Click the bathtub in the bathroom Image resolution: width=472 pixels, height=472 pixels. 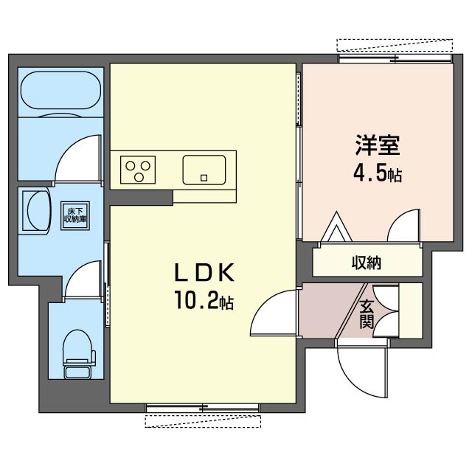pyautogui.click(x=60, y=90)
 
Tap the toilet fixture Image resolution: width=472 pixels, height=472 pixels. pyautogui.click(x=79, y=354)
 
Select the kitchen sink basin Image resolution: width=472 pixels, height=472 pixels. pyautogui.click(x=204, y=170)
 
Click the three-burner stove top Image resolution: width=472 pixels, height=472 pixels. pyautogui.click(x=138, y=170)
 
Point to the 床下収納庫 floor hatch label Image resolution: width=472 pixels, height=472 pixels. pyautogui.click(x=75, y=216)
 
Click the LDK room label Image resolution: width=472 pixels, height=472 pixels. pyautogui.click(x=204, y=273)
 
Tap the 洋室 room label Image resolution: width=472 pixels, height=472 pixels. pyautogui.click(x=378, y=145)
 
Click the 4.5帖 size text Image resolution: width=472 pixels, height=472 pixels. pyautogui.click(x=378, y=174)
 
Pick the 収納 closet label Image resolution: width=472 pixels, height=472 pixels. pyautogui.click(x=367, y=263)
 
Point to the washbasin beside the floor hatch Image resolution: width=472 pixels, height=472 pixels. pyautogui.click(x=36, y=210)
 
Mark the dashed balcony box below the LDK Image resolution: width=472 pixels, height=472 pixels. pyautogui.click(x=203, y=421)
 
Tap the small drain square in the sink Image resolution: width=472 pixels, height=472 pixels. pyautogui.click(x=204, y=178)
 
